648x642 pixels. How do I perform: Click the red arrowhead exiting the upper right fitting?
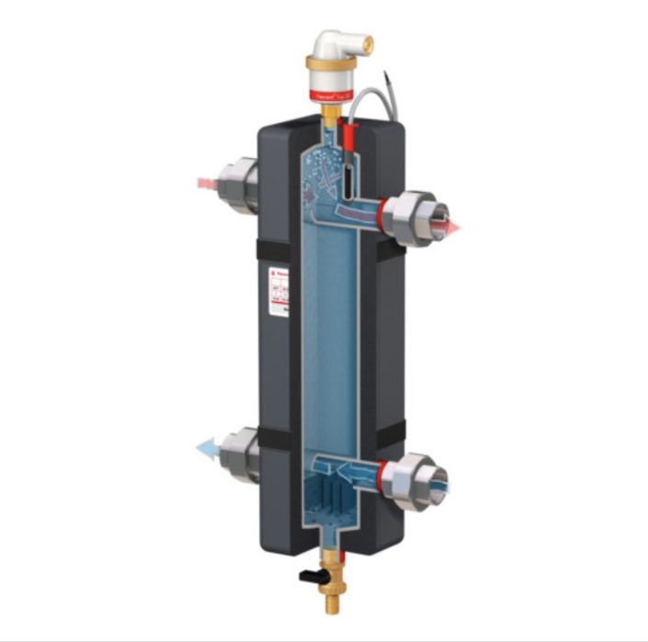pyautogui.click(x=451, y=225)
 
